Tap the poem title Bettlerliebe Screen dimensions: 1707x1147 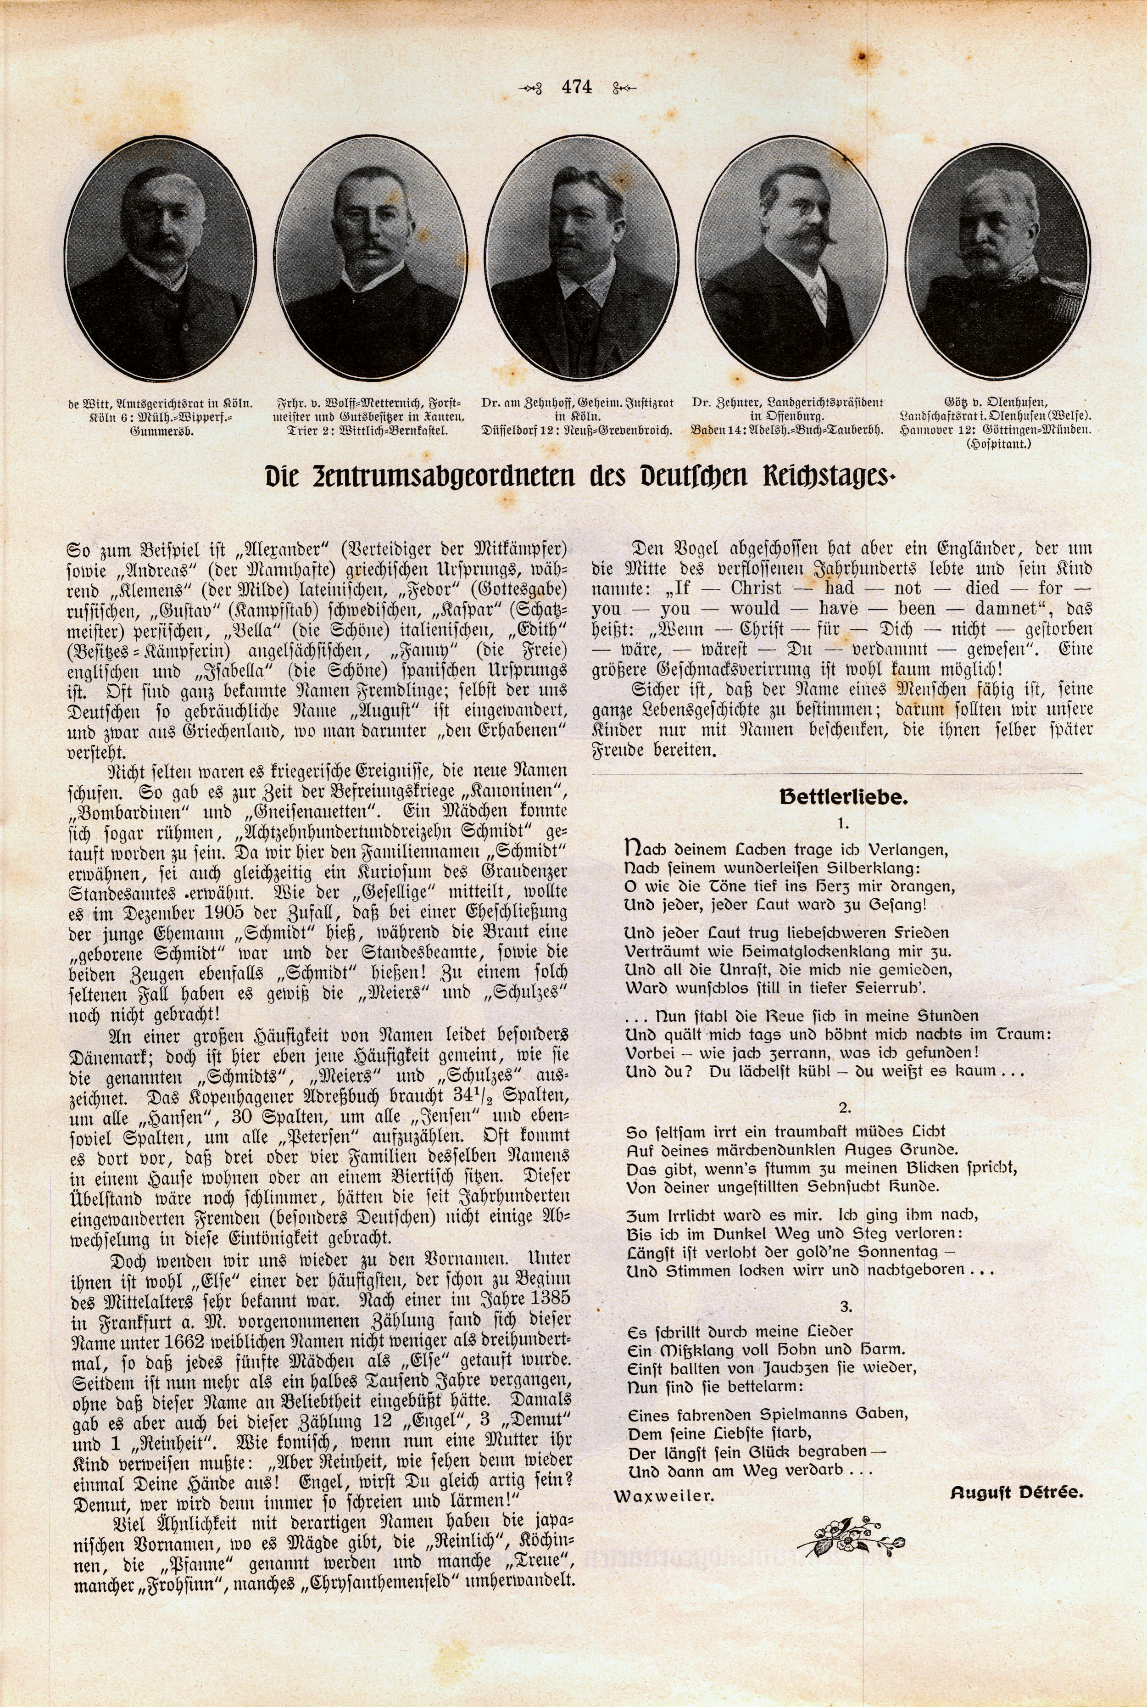click(843, 797)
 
